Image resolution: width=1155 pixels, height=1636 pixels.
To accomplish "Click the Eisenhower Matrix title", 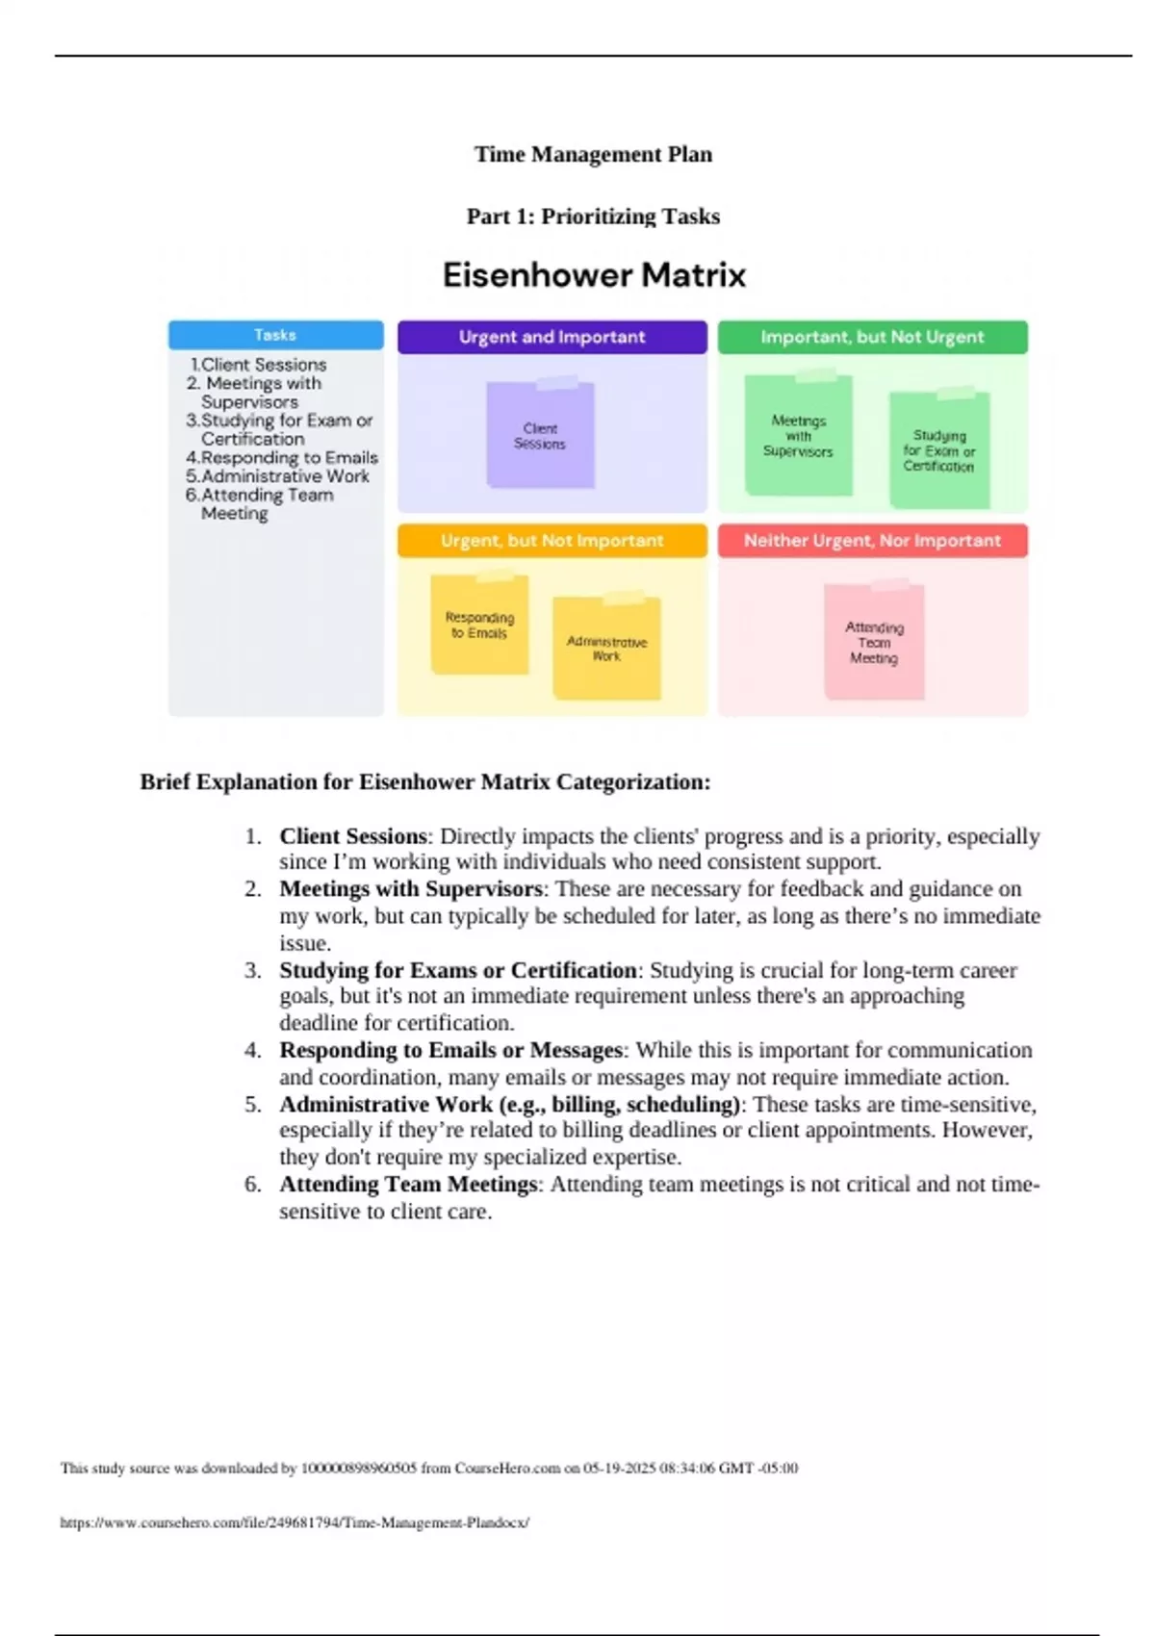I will tap(594, 275).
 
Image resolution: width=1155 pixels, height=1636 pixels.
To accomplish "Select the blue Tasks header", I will tap(275, 335).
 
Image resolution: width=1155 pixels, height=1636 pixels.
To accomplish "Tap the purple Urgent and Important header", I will tap(552, 337).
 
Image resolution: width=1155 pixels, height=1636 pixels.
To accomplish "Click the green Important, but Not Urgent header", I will tap(872, 337).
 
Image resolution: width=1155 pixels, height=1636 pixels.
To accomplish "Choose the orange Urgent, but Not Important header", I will tap(552, 541).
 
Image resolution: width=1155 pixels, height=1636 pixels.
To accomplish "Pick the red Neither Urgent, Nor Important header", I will tap(872, 541).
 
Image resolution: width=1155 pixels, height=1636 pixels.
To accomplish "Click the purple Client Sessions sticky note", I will tap(540, 436).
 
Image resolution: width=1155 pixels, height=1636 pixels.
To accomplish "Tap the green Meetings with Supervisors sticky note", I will tap(798, 436).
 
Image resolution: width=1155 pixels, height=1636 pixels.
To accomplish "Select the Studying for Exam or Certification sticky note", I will tap(938, 450).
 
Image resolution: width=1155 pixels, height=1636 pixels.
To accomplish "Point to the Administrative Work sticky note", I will tap(606, 649).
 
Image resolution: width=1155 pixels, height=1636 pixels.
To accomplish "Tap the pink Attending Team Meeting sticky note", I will tap(874, 642).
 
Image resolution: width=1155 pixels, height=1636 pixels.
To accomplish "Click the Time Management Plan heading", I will tap(593, 154).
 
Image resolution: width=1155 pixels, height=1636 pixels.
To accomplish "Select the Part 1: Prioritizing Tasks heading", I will tap(593, 217).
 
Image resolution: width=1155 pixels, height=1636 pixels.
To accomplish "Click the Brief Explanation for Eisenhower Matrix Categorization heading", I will tap(424, 781).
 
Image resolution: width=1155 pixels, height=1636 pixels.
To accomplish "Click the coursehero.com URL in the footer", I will tap(295, 1522).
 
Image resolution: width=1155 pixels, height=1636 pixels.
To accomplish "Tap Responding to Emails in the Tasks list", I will tap(289, 458).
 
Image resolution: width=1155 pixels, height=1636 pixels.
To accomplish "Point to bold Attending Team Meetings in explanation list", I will tap(408, 1184).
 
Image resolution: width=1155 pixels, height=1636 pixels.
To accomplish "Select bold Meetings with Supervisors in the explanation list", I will tap(411, 888).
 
